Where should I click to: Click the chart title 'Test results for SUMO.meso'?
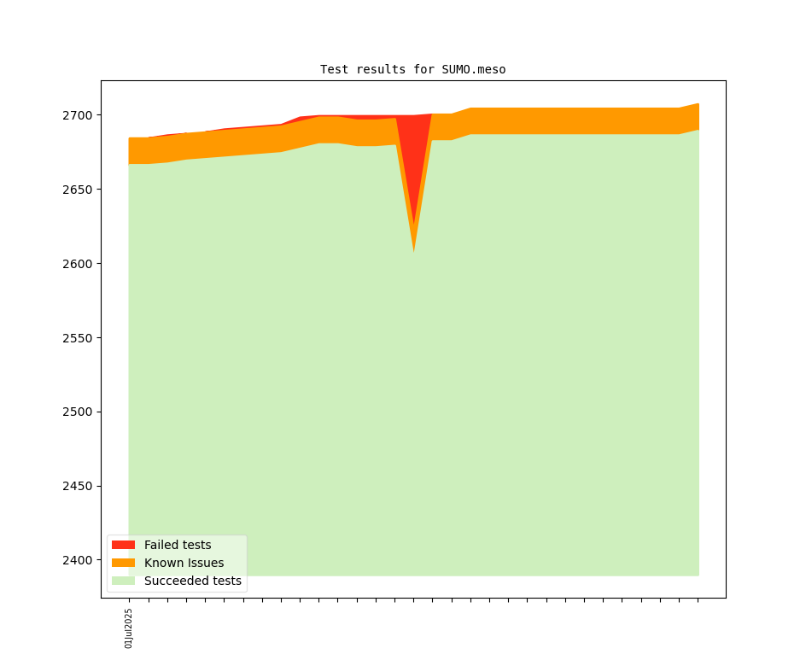pos(412,69)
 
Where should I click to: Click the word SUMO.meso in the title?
pos(474,69)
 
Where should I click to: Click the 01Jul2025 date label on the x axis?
pos(129,628)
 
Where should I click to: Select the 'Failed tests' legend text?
pos(178,545)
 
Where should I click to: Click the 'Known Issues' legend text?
pos(184,563)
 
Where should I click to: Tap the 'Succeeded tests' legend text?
pos(192,581)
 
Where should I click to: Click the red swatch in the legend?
pos(123,545)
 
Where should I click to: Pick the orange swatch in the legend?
pos(123,563)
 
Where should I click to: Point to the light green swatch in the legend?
pos(123,581)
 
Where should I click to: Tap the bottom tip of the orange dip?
pos(414,251)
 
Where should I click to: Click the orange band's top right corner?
pos(698,104)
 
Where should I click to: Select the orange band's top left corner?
pos(130,138)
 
